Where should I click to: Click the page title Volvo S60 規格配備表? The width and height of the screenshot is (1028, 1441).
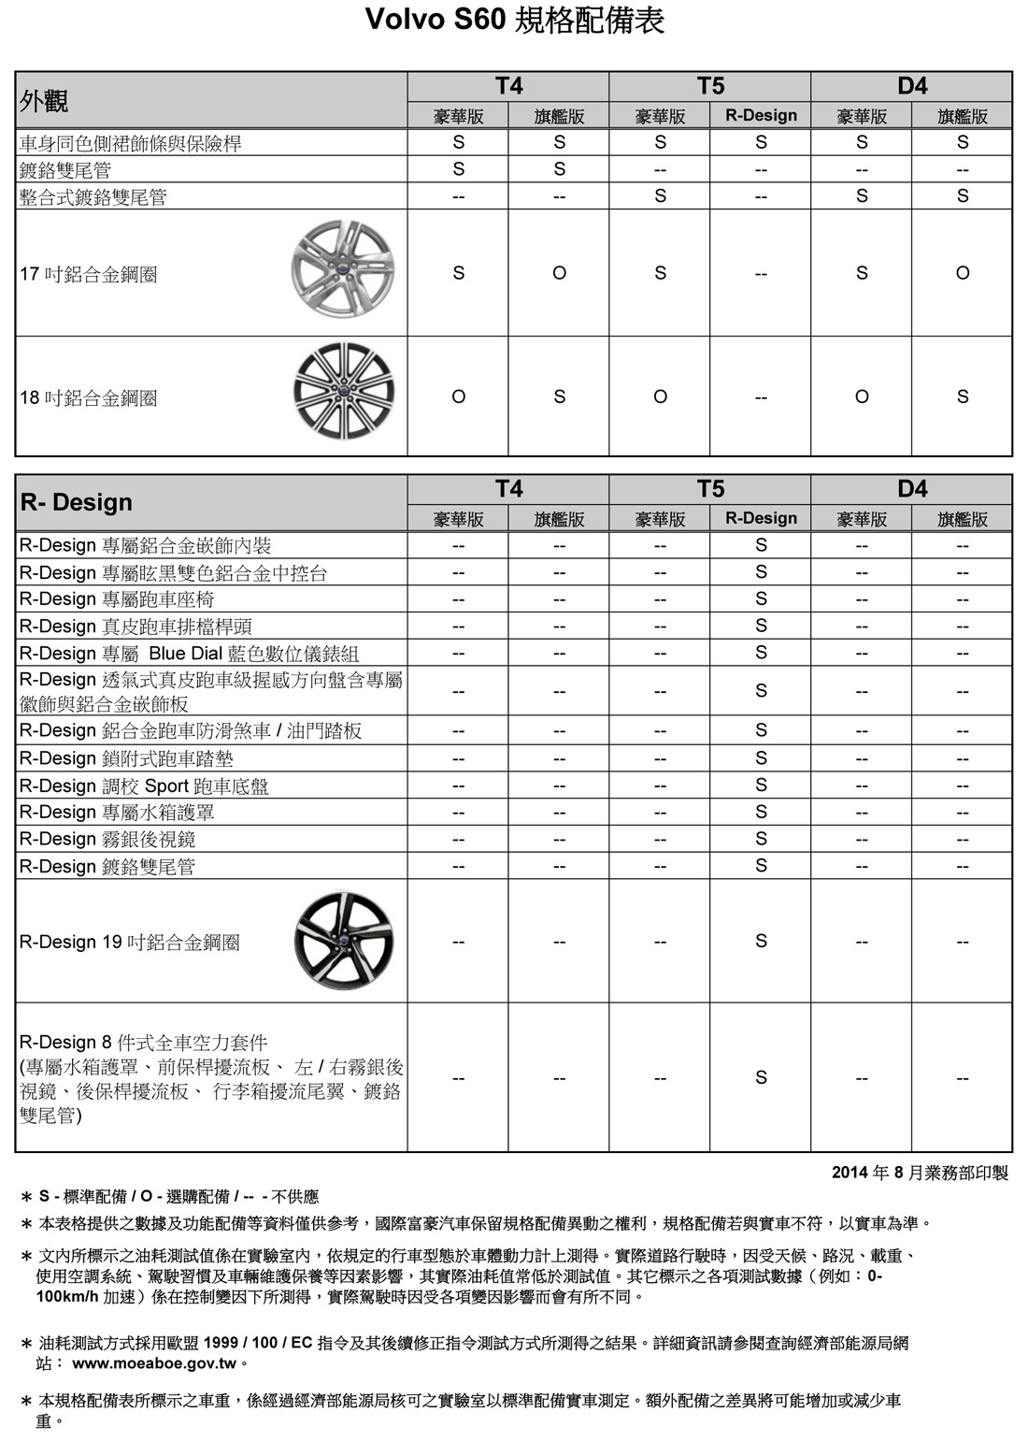pyautogui.click(x=514, y=21)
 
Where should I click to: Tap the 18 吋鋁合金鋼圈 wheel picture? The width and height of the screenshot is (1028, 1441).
pyautogui.click(x=343, y=391)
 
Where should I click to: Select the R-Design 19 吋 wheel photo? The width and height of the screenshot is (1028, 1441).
pyautogui.click(x=343, y=939)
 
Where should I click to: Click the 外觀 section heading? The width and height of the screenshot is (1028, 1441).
pyautogui.click(x=44, y=101)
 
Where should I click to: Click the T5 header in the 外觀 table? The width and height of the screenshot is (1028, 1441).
pyautogui.click(x=710, y=86)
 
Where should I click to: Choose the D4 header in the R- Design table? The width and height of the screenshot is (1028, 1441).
pyautogui.click(x=912, y=489)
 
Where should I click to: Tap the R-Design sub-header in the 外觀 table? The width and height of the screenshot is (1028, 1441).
pyautogui.click(x=761, y=116)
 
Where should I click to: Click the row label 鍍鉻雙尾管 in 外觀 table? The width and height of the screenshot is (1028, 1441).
pyautogui.click(x=65, y=170)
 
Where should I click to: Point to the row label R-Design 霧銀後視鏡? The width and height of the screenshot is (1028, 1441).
pyautogui.click(x=107, y=840)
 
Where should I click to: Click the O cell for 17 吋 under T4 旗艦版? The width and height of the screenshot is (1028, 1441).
pyautogui.click(x=559, y=273)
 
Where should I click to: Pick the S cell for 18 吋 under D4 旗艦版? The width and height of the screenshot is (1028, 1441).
pyautogui.click(x=963, y=396)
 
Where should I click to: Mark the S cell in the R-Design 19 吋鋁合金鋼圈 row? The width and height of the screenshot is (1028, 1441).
pyautogui.click(x=761, y=941)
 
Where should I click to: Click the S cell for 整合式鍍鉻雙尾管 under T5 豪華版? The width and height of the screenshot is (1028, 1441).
pyautogui.click(x=660, y=195)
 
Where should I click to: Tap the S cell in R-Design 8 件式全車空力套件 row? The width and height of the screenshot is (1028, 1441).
pyautogui.click(x=761, y=1077)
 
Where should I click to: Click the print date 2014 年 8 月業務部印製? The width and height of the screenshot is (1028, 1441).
pyautogui.click(x=920, y=1173)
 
